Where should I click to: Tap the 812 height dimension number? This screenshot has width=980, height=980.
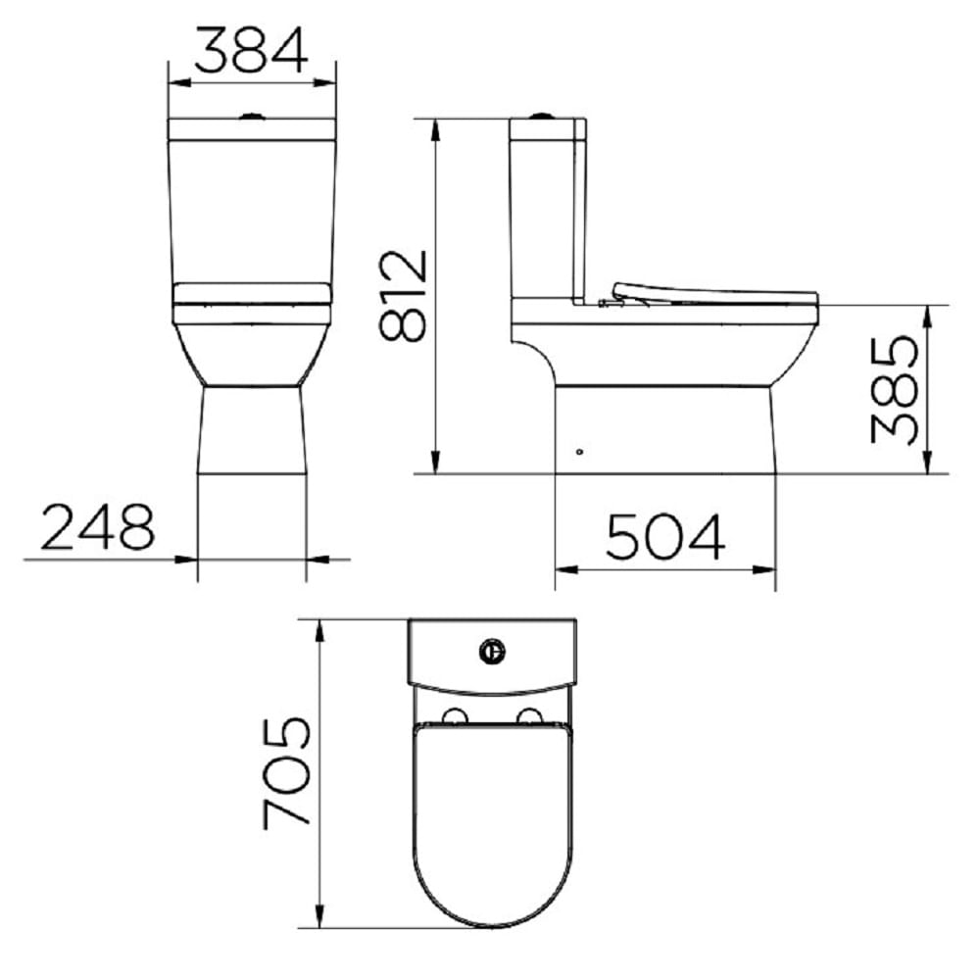point(403,295)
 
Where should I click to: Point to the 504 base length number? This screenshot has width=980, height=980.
point(665,536)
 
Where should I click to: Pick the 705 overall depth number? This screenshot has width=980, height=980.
point(287,772)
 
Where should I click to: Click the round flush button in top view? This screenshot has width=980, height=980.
point(492,649)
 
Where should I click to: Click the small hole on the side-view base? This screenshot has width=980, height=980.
point(580,452)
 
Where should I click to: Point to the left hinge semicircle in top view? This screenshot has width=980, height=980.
point(455,716)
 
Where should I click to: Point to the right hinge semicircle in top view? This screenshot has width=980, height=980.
point(529,716)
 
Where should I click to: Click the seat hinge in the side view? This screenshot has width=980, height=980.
point(610,302)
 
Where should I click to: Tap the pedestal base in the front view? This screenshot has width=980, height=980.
point(253,431)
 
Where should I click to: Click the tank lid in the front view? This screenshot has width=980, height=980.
point(253,129)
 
